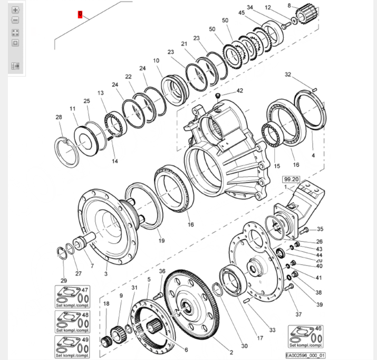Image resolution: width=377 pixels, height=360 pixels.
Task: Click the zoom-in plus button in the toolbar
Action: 15,10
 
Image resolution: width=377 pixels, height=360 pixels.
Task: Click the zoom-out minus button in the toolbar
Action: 15,20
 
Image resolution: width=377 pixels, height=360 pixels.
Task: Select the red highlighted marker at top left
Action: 80,14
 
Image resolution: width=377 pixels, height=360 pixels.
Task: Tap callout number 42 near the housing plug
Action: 240,91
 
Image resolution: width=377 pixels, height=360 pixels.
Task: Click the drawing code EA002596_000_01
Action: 306,355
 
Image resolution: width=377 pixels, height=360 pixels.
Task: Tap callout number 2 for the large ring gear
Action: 230,352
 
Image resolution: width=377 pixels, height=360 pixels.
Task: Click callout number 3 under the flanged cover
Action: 106,273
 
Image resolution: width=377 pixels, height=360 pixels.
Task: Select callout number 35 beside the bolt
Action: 320,229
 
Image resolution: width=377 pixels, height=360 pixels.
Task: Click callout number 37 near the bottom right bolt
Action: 298,315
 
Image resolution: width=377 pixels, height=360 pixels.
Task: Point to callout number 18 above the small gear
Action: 106,304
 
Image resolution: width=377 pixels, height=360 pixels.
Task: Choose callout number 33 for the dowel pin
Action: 272,330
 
